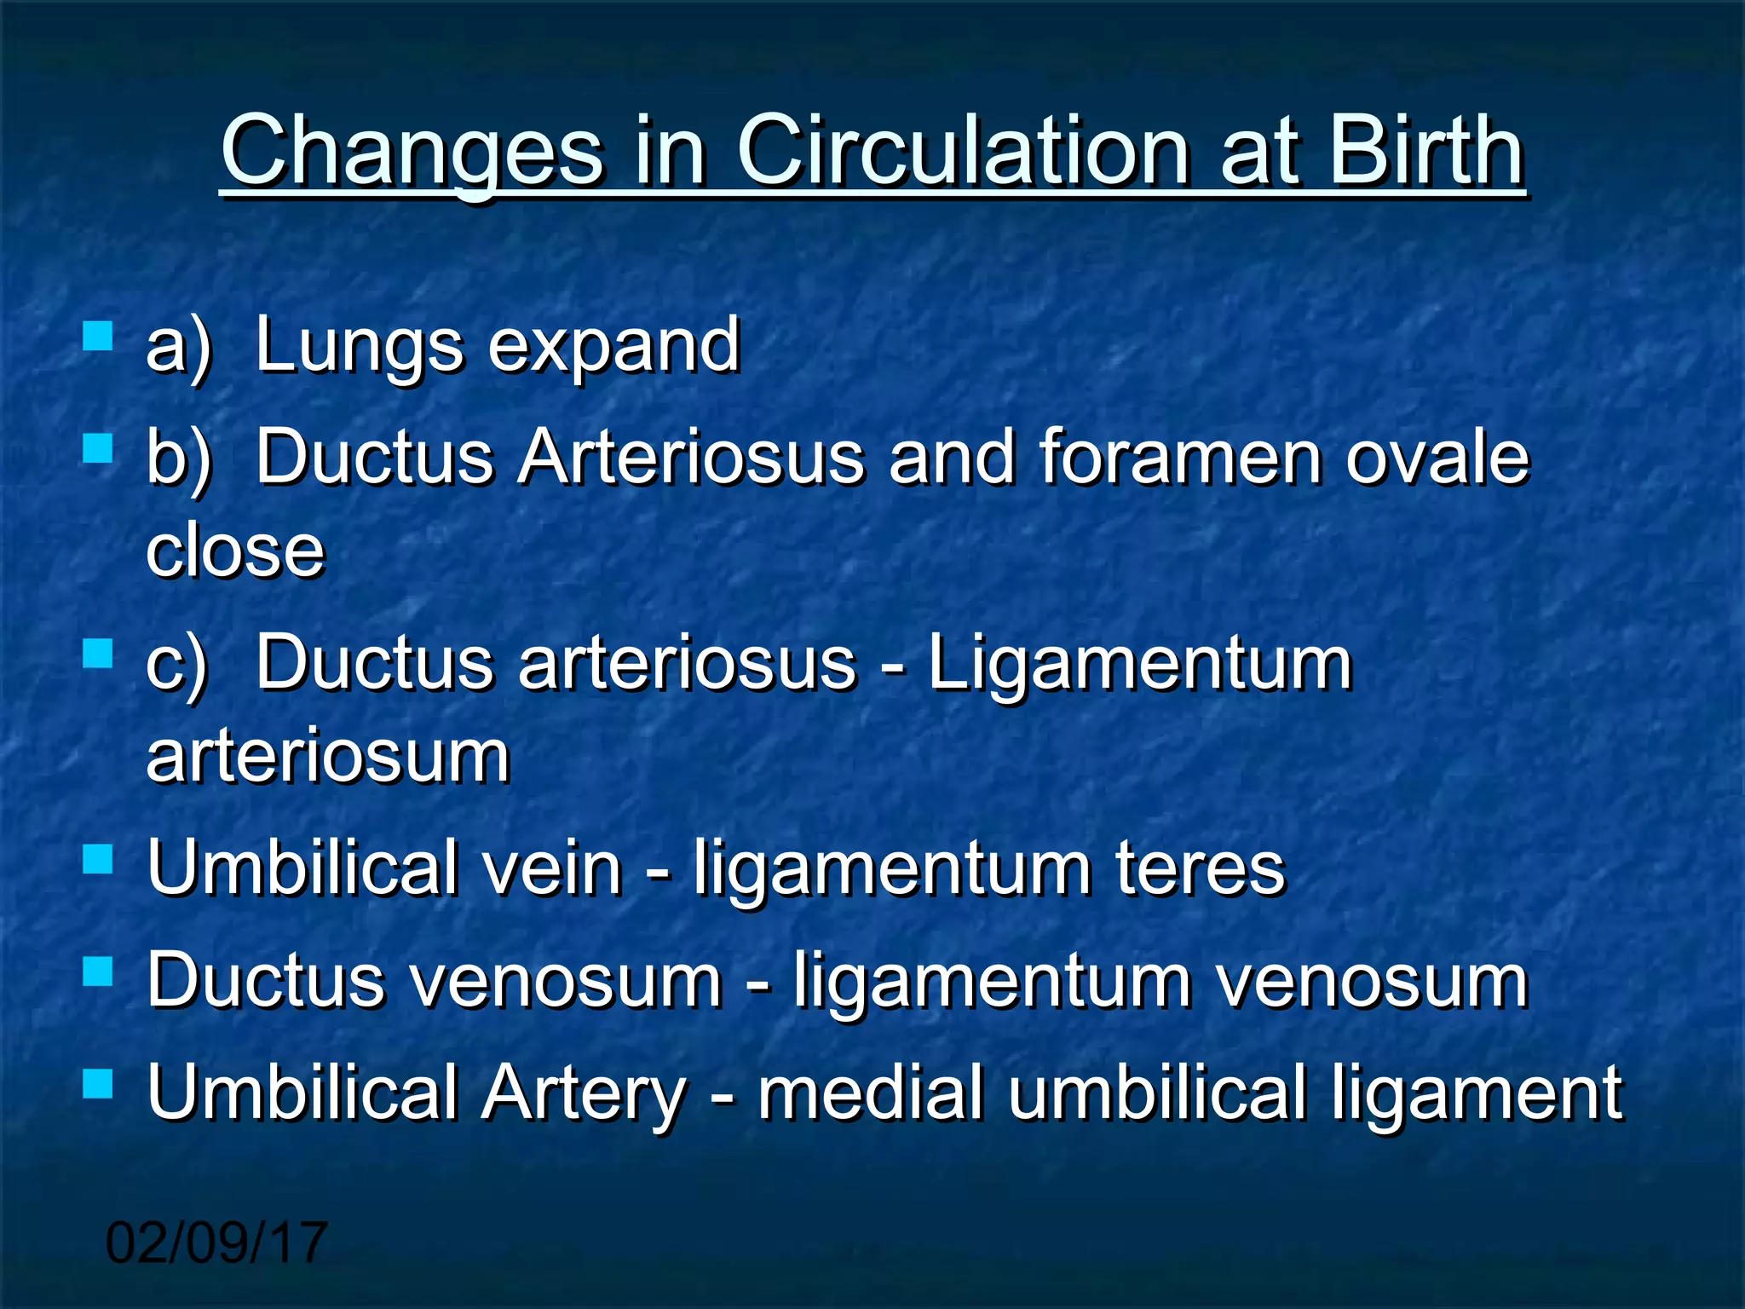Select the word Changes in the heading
coord(412,153)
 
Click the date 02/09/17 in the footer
coord(216,1242)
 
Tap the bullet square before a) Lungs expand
coord(98,337)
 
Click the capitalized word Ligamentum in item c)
coord(1139,664)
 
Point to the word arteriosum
coord(328,756)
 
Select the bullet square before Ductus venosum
coord(98,971)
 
